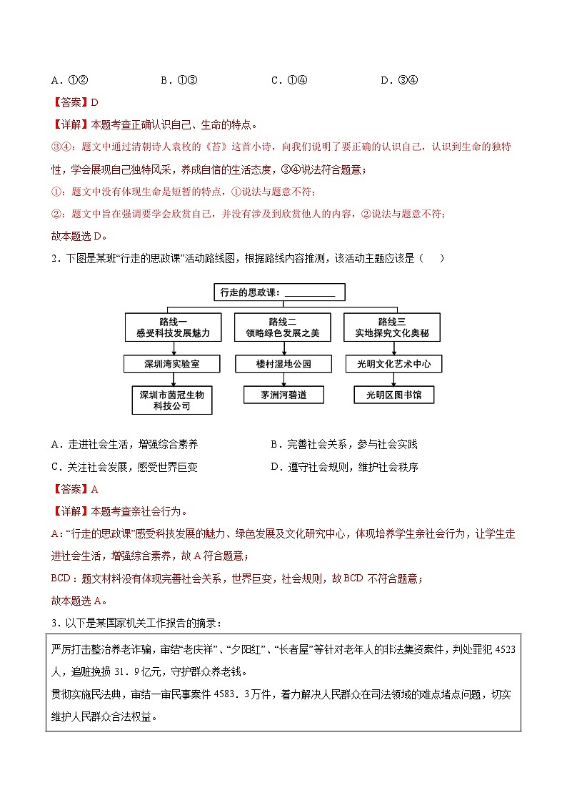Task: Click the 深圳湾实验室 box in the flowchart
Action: point(171,364)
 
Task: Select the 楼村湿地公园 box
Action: point(283,364)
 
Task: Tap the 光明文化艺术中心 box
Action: point(393,364)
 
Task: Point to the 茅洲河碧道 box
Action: point(283,395)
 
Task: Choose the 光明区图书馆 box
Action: point(393,395)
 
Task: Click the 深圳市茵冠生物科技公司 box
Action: point(171,400)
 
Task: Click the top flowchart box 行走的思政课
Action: point(279,292)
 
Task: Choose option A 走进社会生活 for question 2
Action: point(124,445)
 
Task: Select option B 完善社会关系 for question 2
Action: point(343,445)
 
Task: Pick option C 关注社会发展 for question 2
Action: point(124,467)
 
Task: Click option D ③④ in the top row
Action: point(399,79)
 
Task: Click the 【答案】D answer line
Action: point(75,102)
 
